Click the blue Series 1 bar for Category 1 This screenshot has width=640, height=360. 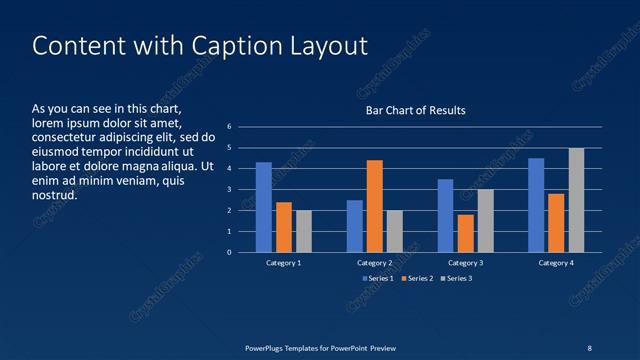tap(264, 207)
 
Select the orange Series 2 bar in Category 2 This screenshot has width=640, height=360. tap(375, 206)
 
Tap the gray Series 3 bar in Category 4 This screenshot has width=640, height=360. tap(576, 200)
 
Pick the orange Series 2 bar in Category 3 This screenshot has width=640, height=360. tap(465, 233)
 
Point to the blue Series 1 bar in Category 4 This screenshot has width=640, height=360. tap(536, 205)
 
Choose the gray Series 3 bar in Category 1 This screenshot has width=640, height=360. tap(303, 231)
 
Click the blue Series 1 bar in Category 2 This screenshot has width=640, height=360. tap(355, 226)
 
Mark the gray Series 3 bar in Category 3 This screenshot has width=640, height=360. tap(485, 221)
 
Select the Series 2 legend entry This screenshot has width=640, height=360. tap(417, 278)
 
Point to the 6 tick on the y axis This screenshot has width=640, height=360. tap(229, 127)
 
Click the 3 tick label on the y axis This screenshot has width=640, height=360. tap(229, 190)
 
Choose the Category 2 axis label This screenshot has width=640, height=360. tap(374, 263)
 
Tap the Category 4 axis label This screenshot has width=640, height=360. tap(556, 263)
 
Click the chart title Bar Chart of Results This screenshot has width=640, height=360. tap(415, 110)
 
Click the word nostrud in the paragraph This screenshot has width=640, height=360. tap(55, 195)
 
